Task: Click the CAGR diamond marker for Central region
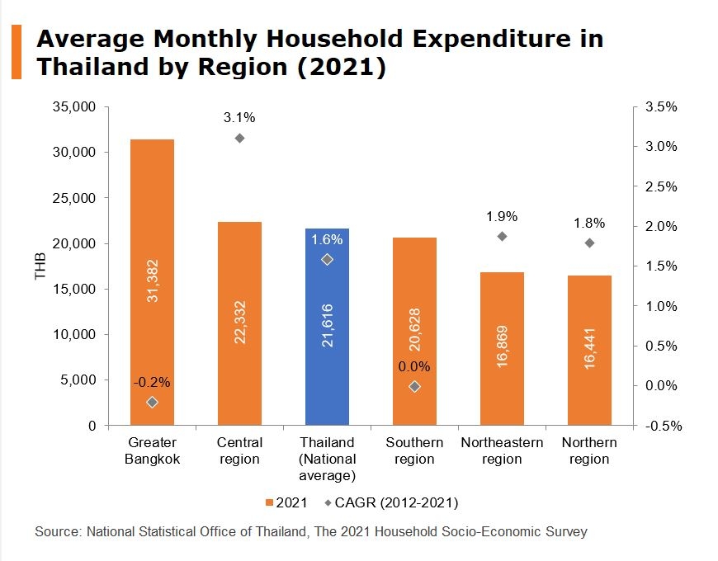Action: click(x=239, y=138)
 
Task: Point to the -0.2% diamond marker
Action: click(x=152, y=402)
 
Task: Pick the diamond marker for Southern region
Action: click(x=414, y=386)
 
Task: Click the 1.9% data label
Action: click(x=502, y=216)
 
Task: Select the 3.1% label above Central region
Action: click(x=239, y=117)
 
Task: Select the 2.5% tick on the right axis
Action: click(x=660, y=186)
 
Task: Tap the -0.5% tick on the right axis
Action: click(x=659, y=426)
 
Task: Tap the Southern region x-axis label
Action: click(x=414, y=450)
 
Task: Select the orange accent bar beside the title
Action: click(x=16, y=52)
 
